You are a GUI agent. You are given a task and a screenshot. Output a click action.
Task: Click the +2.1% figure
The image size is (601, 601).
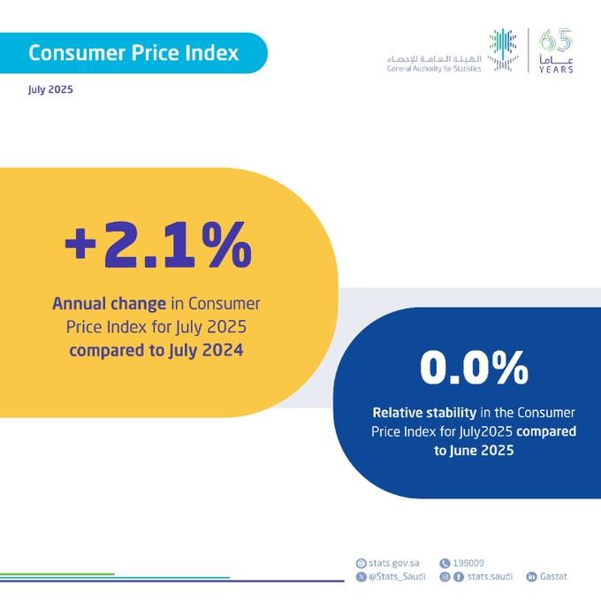157,248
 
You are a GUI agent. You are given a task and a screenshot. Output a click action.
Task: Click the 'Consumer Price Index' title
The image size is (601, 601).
133,53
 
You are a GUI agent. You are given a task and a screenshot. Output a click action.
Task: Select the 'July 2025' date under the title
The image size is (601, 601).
49,90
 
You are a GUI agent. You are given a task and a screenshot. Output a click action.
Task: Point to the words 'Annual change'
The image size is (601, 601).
109,304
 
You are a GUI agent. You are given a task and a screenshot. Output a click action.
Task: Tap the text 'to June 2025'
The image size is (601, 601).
474,450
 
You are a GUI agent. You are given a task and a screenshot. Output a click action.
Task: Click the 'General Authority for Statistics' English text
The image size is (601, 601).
434,68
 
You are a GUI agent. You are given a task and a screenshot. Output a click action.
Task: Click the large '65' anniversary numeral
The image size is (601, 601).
555,41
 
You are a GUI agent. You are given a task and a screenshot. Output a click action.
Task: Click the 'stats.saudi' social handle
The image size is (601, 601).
488,576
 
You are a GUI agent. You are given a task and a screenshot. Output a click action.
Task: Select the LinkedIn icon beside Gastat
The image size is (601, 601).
532,576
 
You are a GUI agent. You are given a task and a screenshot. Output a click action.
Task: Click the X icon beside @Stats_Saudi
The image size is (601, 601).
360,576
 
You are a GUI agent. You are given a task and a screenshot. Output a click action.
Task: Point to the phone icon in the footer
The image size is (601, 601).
445,563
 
